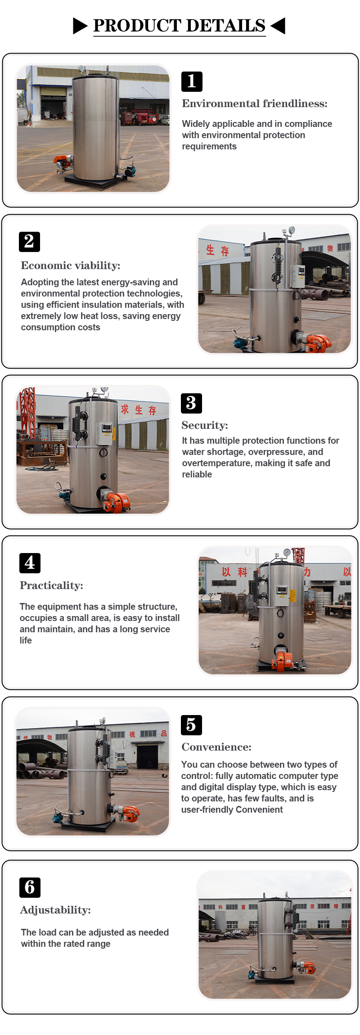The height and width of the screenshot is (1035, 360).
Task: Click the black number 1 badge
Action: click(x=192, y=81)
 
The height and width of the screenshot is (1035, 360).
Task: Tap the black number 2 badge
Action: click(x=29, y=242)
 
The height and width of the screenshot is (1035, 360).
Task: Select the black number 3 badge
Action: click(x=191, y=403)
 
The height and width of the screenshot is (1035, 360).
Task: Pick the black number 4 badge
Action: click(x=30, y=563)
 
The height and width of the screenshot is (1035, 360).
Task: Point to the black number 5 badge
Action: click(x=191, y=725)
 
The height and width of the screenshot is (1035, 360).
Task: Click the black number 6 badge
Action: click(x=30, y=887)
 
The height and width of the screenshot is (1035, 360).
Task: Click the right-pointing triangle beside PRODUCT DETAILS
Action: click(x=80, y=26)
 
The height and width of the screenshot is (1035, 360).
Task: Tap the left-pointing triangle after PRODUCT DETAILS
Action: click(x=278, y=26)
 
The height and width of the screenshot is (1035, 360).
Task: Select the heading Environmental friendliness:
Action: click(x=255, y=103)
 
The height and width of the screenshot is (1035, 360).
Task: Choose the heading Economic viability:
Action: click(x=71, y=265)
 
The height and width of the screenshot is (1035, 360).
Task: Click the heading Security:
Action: click(x=205, y=425)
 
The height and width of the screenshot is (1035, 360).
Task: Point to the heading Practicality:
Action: click(x=51, y=585)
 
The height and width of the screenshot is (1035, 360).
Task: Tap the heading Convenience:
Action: click(x=216, y=747)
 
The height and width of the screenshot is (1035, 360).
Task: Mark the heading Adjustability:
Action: click(x=55, y=910)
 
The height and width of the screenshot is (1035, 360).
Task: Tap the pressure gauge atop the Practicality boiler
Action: click(x=287, y=553)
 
